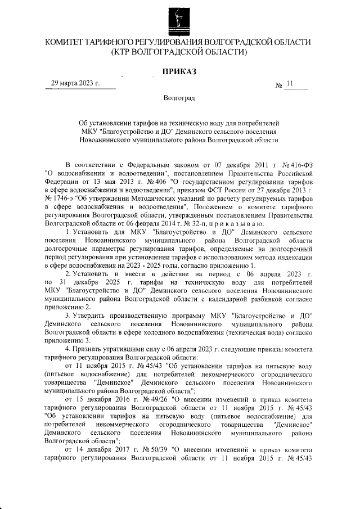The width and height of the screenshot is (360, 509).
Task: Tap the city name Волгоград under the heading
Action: (179, 99)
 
